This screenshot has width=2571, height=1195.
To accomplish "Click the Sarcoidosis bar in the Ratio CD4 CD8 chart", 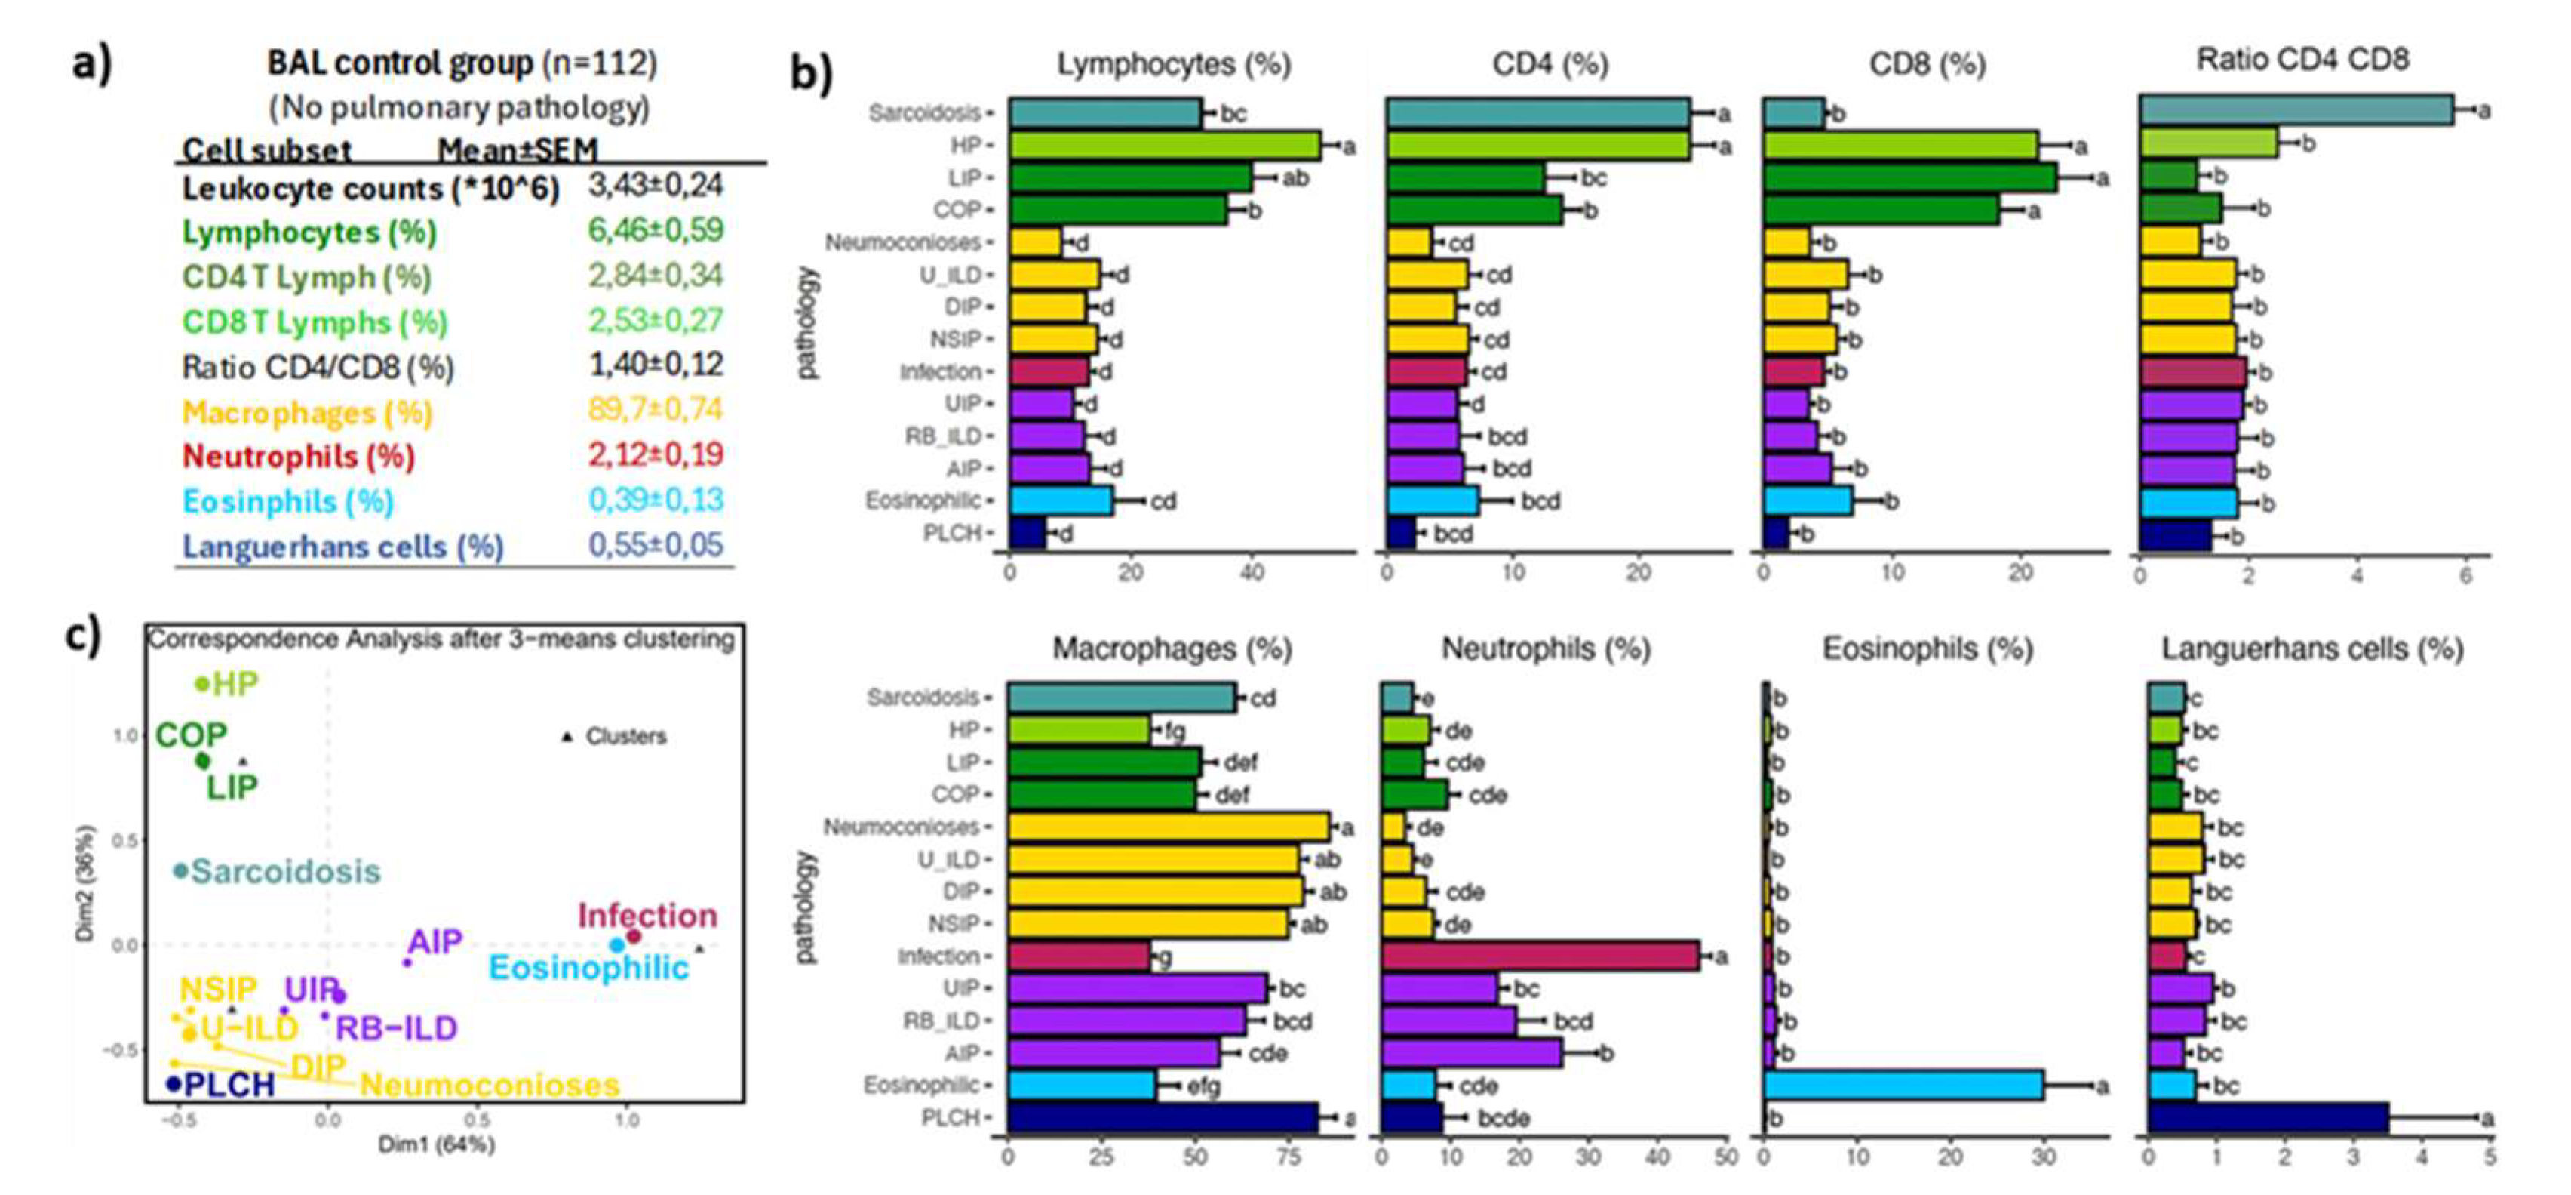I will pos(2296,111).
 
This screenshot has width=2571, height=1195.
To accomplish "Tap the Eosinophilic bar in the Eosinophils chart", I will pos(1903,1086).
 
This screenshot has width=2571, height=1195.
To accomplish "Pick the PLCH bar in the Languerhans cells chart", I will pos(2268,1118).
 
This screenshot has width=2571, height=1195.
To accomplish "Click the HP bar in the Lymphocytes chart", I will pos(1164,146).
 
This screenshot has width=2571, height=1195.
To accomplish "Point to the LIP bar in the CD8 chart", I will pos(1910,177).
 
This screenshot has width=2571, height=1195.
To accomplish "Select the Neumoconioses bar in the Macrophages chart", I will pos(1168,827).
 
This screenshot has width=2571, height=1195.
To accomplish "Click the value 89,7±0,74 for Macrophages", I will pos(655,409).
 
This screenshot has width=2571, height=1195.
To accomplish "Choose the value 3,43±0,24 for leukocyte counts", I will pos(655,186).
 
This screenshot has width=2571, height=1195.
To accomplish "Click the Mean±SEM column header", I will pos(517,149).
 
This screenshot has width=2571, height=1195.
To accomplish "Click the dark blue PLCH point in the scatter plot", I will pos(175,1083).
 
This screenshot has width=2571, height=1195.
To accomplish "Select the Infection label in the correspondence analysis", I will pos(647,916).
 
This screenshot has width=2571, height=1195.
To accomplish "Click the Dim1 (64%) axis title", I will pos(436,1144).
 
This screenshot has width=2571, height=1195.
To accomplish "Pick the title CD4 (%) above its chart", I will pos(1549,64).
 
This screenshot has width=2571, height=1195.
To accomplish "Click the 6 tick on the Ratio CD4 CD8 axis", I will pos(2465,576).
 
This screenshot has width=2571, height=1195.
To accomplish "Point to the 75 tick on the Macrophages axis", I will pos(1289,1158).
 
